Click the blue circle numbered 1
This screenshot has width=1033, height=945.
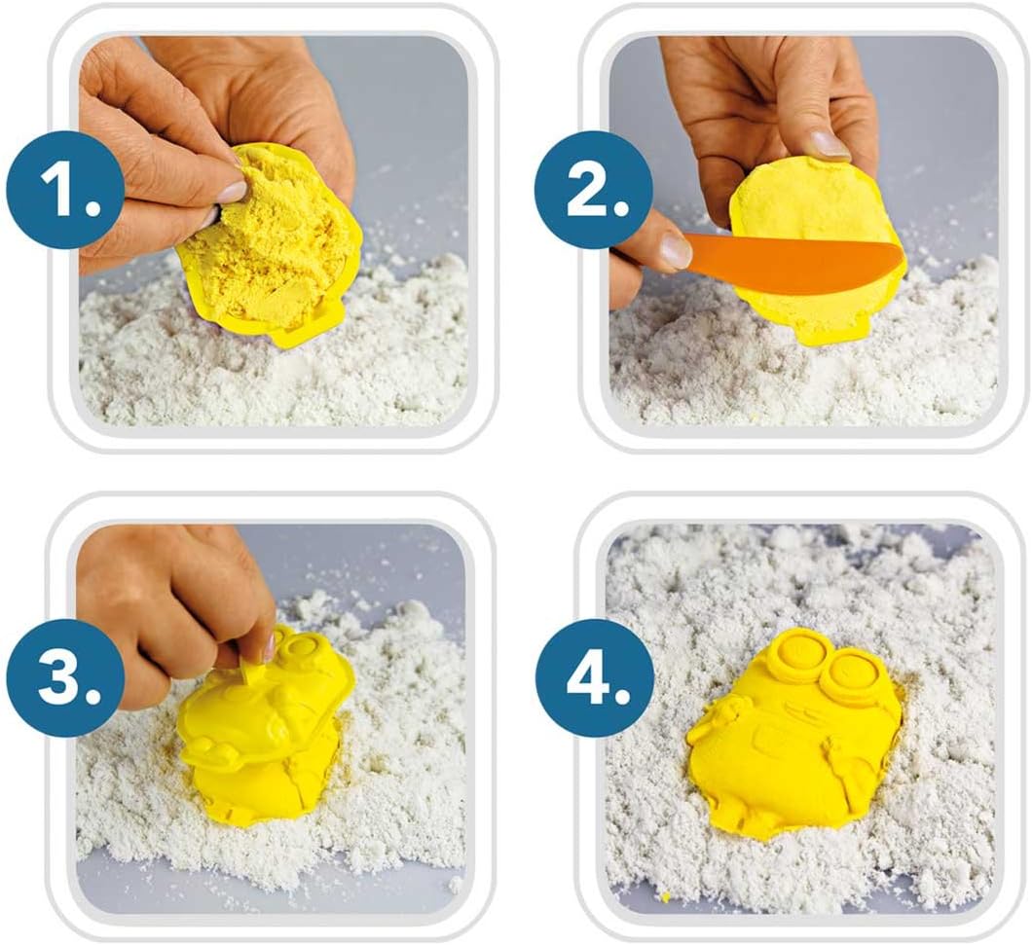[x=66, y=191]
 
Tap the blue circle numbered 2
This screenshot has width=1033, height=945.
[x=593, y=191]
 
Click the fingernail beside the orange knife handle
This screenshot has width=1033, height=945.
[x=672, y=250]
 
